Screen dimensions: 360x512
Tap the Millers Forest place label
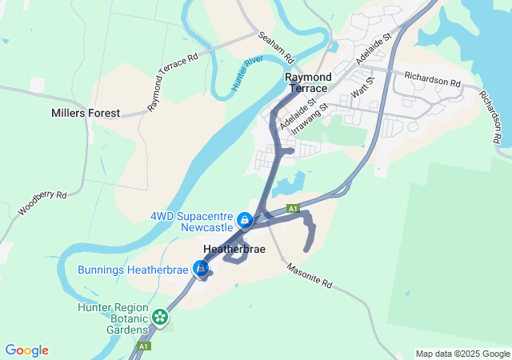[85, 114]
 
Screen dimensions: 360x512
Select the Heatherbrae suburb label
[234, 250]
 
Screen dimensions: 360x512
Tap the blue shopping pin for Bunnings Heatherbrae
[202, 268]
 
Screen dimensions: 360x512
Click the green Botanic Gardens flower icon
[161, 317]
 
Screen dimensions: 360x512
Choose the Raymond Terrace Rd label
[172, 82]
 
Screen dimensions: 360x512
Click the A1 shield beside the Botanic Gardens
[143, 346]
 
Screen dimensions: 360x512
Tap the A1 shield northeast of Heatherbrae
[294, 208]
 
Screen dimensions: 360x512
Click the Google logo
[26, 350]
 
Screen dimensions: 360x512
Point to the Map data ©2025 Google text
[462, 354]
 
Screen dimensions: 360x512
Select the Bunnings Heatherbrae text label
[134, 270]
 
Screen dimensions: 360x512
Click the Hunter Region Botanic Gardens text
[113, 318]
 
